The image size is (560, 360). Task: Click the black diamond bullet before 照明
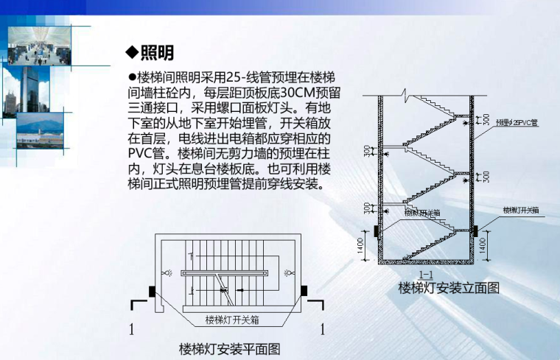pos(133,52)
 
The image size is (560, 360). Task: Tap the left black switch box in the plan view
pos(152,291)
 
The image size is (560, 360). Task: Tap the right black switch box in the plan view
pos(303,291)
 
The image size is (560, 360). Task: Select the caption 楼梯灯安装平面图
pos(229,348)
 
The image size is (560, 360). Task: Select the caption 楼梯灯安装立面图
pos(448,288)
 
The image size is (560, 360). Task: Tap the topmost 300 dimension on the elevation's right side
pos(486,118)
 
